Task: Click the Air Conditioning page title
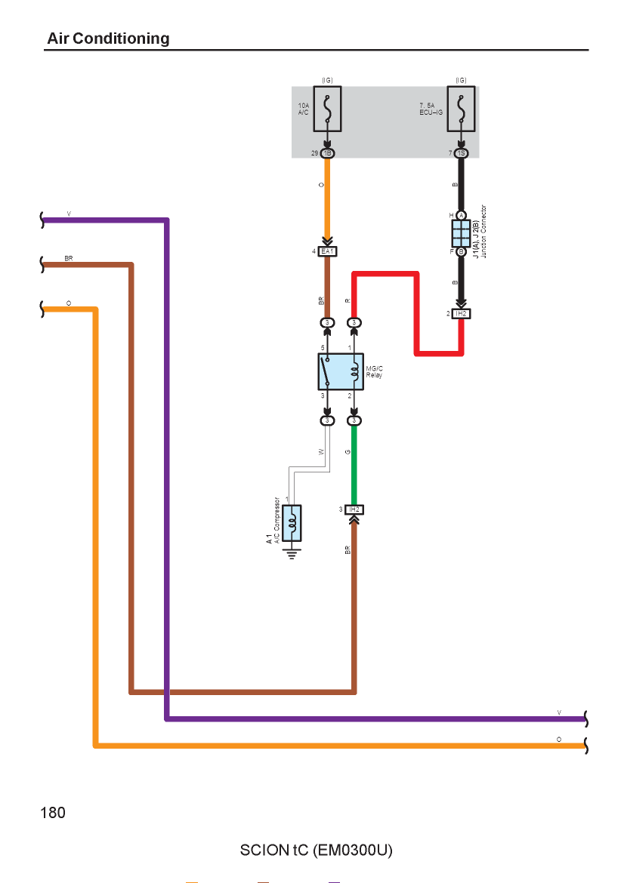(108, 38)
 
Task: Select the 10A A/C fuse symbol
(327, 109)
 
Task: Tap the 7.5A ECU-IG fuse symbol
(461, 109)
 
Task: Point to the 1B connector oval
(327, 153)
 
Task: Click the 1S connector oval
(461, 153)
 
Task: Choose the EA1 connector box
(328, 251)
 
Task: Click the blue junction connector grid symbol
(461, 234)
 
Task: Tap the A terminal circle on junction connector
(461, 216)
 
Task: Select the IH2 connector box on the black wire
(461, 313)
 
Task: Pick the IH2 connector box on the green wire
(354, 509)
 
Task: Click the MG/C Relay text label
(374, 371)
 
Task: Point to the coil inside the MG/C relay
(354, 371)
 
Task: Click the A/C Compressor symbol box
(292, 522)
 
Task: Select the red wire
(417, 313)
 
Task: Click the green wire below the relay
(354, 465)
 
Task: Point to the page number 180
(53, 813)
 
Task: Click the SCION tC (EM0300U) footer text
(317, 850)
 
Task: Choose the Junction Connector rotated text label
(483, 232)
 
